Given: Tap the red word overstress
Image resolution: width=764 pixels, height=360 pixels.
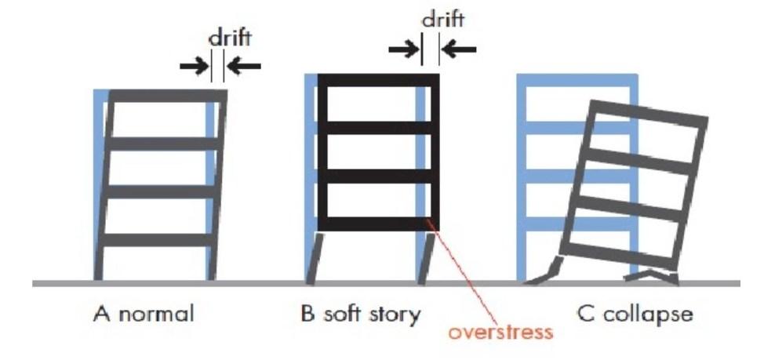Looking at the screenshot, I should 501,332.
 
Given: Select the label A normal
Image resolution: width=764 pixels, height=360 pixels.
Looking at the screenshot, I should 144,315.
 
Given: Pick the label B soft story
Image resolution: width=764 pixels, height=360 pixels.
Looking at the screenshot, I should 362,315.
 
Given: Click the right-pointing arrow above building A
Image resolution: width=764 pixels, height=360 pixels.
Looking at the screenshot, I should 194,66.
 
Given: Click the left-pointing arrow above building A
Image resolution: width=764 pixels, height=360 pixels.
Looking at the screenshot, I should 244,66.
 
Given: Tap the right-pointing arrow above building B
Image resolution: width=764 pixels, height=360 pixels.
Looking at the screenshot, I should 404,49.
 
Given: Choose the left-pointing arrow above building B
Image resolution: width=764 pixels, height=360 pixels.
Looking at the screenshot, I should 459,49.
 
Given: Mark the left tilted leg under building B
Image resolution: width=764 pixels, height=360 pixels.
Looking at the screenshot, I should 314,256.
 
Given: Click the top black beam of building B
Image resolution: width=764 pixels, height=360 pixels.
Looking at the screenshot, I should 377,80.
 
